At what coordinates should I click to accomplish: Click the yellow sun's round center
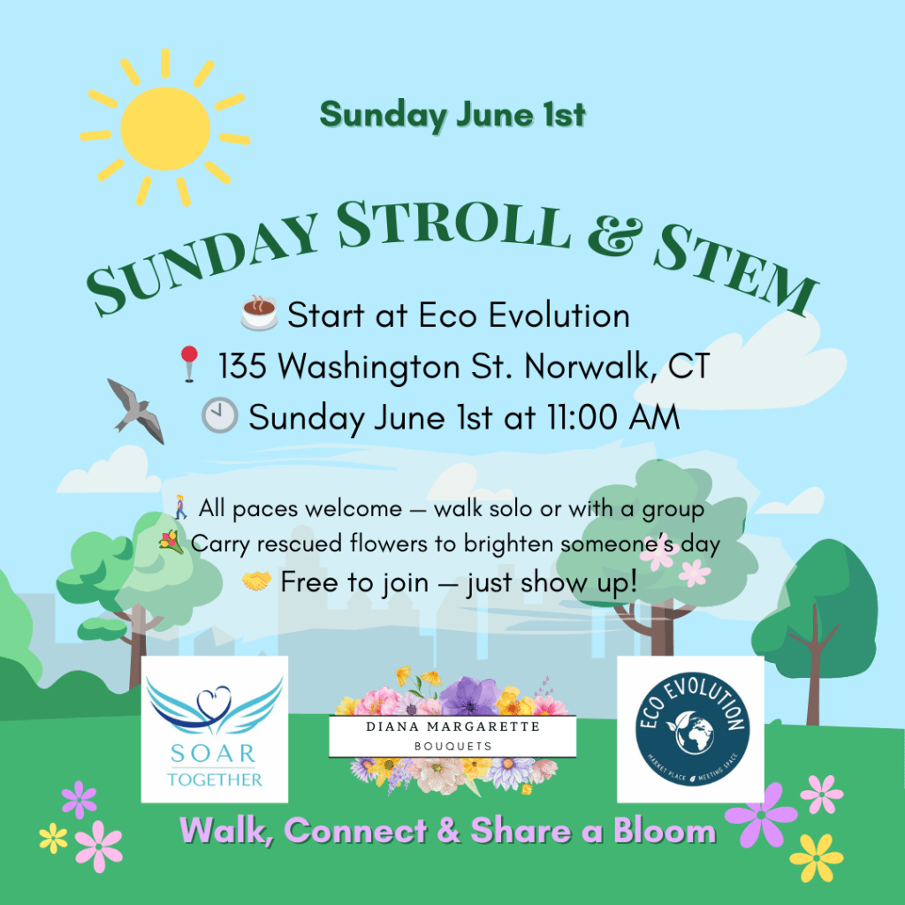(x=165, y=128)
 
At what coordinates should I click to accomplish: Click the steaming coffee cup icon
(x=259, y=314)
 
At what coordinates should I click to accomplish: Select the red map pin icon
(x=189, y=364)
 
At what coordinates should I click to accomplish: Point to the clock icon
(x=219, y=415)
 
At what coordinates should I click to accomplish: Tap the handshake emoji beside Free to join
(x=256, y=582)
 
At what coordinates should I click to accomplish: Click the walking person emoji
(x=180, y=506)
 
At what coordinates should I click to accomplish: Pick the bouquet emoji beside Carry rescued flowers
(x=171, y=543)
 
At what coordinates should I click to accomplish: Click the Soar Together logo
(x=215, y=729)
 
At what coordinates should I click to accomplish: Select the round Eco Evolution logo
(x=692, y=728)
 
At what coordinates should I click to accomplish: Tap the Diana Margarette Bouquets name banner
(x=452, y=736)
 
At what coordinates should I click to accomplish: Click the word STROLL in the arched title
(x=453, y=225)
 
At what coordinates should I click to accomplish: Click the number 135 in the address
(x=242, y=365)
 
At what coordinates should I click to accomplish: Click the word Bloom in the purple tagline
(x=665, y=831)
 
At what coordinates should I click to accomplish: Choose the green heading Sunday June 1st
(x=453, y=115)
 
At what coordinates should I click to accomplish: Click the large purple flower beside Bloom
(x=761, y=814)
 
